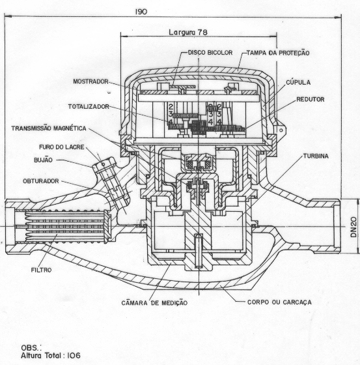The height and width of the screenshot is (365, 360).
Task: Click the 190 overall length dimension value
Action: click(x=141, y=12)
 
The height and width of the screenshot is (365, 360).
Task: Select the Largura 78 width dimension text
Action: click(x=188, y=32)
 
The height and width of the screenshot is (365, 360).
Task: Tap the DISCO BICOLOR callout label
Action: click(x=210, y=53)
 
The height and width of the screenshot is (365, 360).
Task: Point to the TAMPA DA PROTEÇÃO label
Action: click(x=278, y=53)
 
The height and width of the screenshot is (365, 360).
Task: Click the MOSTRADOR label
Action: click(x=90, y=81)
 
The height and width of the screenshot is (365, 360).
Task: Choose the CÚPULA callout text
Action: click(x=298, y=82)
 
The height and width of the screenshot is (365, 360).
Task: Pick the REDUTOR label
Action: click(x=311, y=99)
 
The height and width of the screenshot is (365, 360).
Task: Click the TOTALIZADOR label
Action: click(x=89, y=107)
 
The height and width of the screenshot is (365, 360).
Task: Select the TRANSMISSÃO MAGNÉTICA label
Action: click(x=49, y=128)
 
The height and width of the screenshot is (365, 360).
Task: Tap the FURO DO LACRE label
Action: click(x=62, y=147)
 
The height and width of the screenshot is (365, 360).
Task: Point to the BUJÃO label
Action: click(x=43, y=160)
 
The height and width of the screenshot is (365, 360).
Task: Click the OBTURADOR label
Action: click(x=41, y=181)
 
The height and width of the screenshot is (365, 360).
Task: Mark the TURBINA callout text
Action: click(x=316, y=156)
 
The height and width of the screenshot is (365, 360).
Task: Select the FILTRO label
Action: click(x=41, y=270)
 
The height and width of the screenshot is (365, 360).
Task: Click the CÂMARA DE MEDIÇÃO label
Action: click(x=154, y=302)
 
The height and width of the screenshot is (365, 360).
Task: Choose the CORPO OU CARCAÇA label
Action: click(x=279, y=302)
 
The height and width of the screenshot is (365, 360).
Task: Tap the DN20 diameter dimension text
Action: click(x=353, y=227)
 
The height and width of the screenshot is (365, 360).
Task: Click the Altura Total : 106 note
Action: click(x=51, y=355)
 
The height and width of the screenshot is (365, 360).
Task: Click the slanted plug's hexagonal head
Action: click(x=103, y=164)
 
